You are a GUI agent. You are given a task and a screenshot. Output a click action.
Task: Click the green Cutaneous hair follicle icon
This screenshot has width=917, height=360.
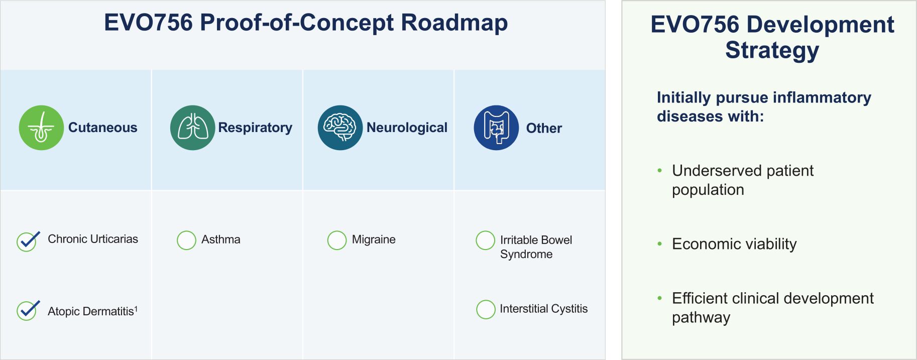click(41, 128)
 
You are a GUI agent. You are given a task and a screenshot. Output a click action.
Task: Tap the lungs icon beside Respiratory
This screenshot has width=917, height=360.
click(192, 128)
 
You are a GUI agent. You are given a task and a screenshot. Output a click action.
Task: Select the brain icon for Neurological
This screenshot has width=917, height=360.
click(340, 128)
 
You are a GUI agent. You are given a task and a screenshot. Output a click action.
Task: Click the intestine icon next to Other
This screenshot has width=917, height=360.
click(496, 128)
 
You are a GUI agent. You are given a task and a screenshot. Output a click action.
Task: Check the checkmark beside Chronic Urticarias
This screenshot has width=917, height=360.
click(27, 242)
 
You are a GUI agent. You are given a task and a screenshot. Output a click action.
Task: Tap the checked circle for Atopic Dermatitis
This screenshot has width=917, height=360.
click(27, 311)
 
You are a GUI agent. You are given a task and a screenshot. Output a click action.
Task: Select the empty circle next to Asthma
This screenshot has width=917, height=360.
click(186, 240)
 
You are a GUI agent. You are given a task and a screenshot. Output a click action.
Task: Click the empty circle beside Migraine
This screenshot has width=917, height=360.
click(337, 240)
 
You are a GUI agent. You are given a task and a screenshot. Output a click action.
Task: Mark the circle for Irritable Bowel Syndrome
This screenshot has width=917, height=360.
click(485, 240)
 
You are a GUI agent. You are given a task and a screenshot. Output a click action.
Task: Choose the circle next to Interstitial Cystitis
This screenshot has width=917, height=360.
click(486, 309)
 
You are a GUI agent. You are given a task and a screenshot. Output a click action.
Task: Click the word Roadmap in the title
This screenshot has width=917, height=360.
click(454, 23)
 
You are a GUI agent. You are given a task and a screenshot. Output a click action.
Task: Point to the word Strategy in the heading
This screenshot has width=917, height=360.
click(772, 51)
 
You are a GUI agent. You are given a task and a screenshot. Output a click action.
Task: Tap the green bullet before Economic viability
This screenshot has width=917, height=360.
click(660, 244)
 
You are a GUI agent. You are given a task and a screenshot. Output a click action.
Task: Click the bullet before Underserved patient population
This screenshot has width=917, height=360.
click(660, 171)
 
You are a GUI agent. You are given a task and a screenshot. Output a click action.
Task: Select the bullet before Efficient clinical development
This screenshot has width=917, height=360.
click(660, 298)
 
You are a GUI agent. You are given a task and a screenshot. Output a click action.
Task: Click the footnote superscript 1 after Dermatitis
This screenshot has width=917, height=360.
click(136, 308)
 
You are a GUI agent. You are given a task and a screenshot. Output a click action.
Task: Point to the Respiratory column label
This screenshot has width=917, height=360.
click(255, 128)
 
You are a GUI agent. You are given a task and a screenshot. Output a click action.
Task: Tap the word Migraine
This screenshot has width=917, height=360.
click(374, 239)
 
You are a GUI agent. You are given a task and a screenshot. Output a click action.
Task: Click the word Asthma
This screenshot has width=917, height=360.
click(221, 239)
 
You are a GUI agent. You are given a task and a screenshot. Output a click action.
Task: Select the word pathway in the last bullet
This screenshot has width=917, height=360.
click(701, 318)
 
